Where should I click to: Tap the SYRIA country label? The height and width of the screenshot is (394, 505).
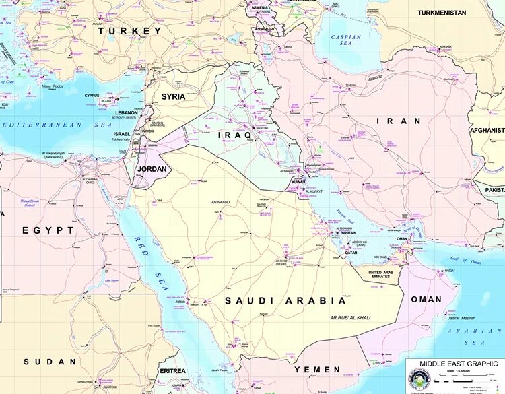173,96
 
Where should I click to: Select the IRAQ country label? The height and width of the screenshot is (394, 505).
235,135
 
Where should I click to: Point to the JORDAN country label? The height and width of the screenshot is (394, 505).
151,169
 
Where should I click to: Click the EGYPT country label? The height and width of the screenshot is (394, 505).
48,230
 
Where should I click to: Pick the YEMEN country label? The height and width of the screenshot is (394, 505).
317,370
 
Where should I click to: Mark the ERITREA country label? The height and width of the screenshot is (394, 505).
172,371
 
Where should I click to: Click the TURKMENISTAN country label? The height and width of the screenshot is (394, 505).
450,13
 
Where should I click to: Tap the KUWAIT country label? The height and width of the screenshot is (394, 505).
298,183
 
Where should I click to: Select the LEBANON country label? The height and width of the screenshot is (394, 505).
126,113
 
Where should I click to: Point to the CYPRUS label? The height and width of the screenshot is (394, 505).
92,96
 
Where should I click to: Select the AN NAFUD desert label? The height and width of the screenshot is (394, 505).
221,202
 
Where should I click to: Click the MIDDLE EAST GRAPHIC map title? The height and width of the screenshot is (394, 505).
454,364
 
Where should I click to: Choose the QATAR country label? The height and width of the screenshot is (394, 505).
351,253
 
